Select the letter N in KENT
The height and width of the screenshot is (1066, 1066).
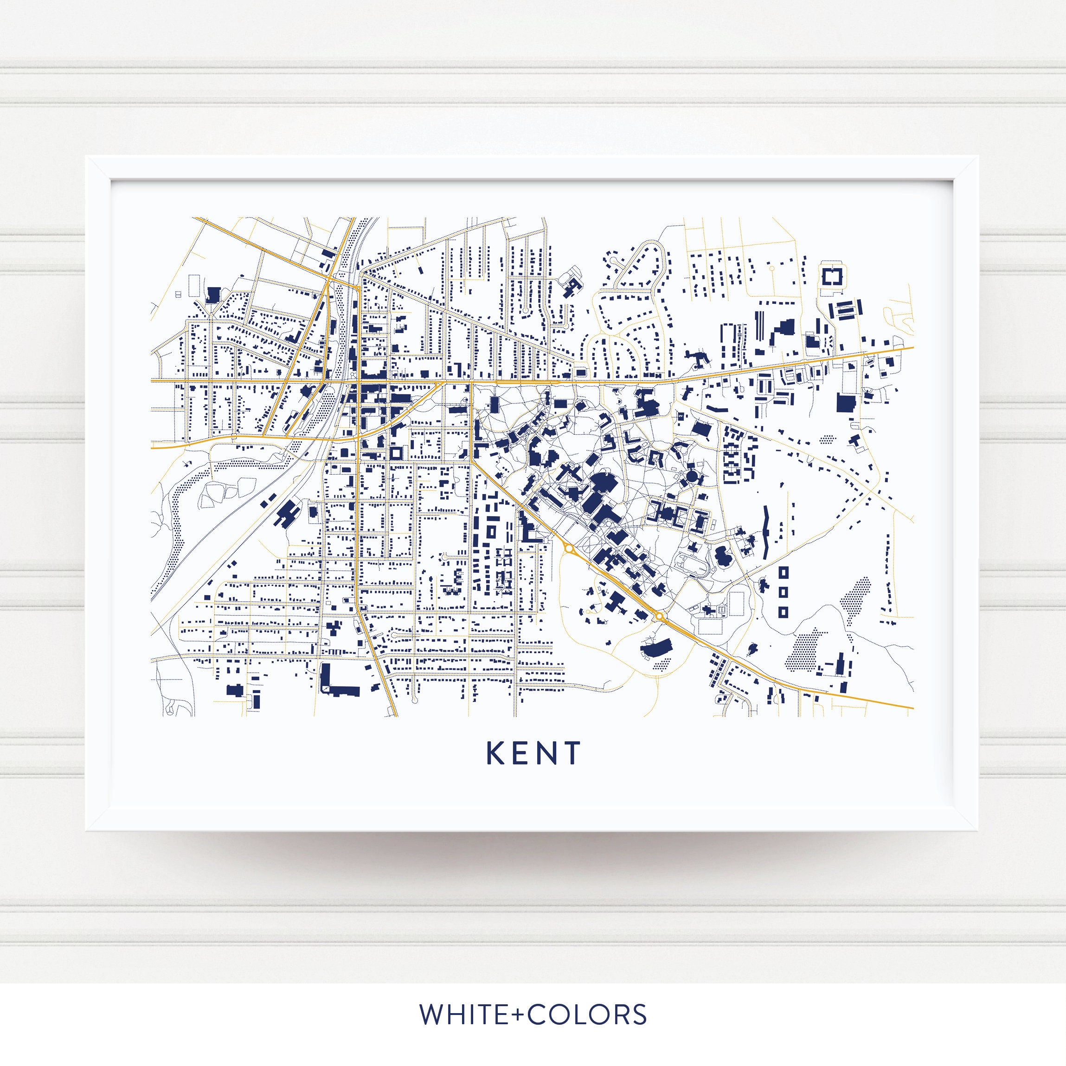[x=547, y=752]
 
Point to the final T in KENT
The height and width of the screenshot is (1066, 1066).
[x=572, y=752]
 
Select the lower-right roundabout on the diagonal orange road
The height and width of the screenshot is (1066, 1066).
[x=659, y=616]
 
